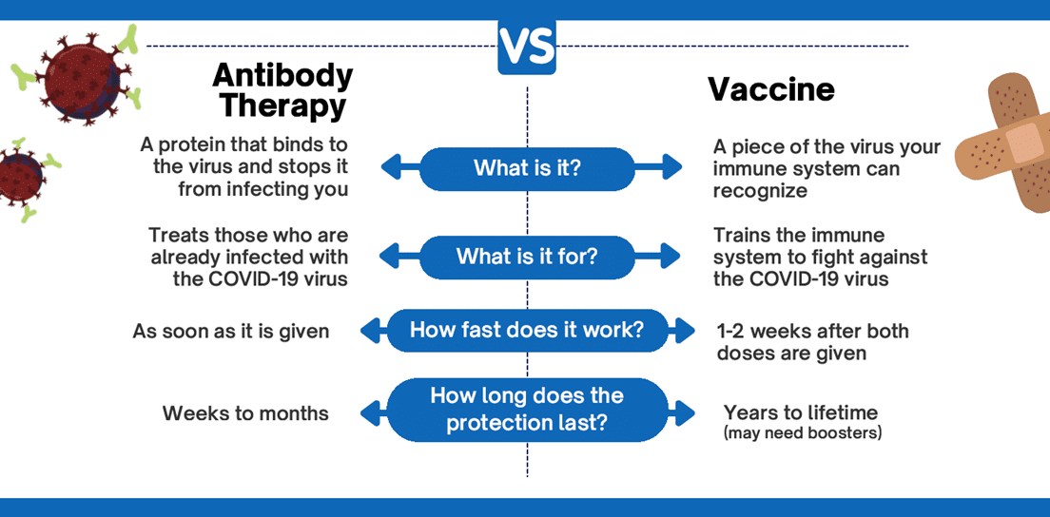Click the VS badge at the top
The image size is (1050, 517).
[x=526, y=47]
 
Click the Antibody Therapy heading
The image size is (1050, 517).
[x=282, y=90]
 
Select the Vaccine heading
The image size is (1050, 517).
[x=771, y=89]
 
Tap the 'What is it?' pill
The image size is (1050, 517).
[x=526, y=167]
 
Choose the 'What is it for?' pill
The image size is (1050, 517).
[x=526, y=257]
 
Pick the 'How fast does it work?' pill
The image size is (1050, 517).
[x=527, y=330]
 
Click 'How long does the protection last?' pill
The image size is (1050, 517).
[x=527, y=410]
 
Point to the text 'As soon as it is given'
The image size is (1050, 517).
[x=231, y=331]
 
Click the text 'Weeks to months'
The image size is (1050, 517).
[x=245, y=413]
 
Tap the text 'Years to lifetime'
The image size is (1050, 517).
[x=800, y=412]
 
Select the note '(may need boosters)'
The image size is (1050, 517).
[x=802, y=433]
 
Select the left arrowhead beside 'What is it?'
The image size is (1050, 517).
[x=393, y=167]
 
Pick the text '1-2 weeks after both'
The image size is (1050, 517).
[x=812, y=331]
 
